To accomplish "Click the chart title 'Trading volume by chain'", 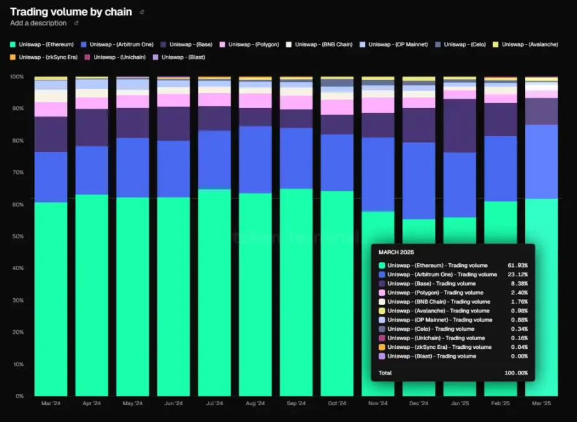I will click(71, 12).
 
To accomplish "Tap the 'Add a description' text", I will click(38, 23).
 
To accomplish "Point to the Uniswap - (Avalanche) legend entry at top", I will click(529, 44).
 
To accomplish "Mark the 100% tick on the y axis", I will click(16, 76).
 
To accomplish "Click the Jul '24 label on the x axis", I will click(214, 403).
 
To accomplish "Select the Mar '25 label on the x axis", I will click(541, 403).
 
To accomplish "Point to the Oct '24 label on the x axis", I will click(337, 403).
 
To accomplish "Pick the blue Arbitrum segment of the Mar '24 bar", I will click(51, 177).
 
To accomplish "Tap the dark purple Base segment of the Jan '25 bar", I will click(459, 125).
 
